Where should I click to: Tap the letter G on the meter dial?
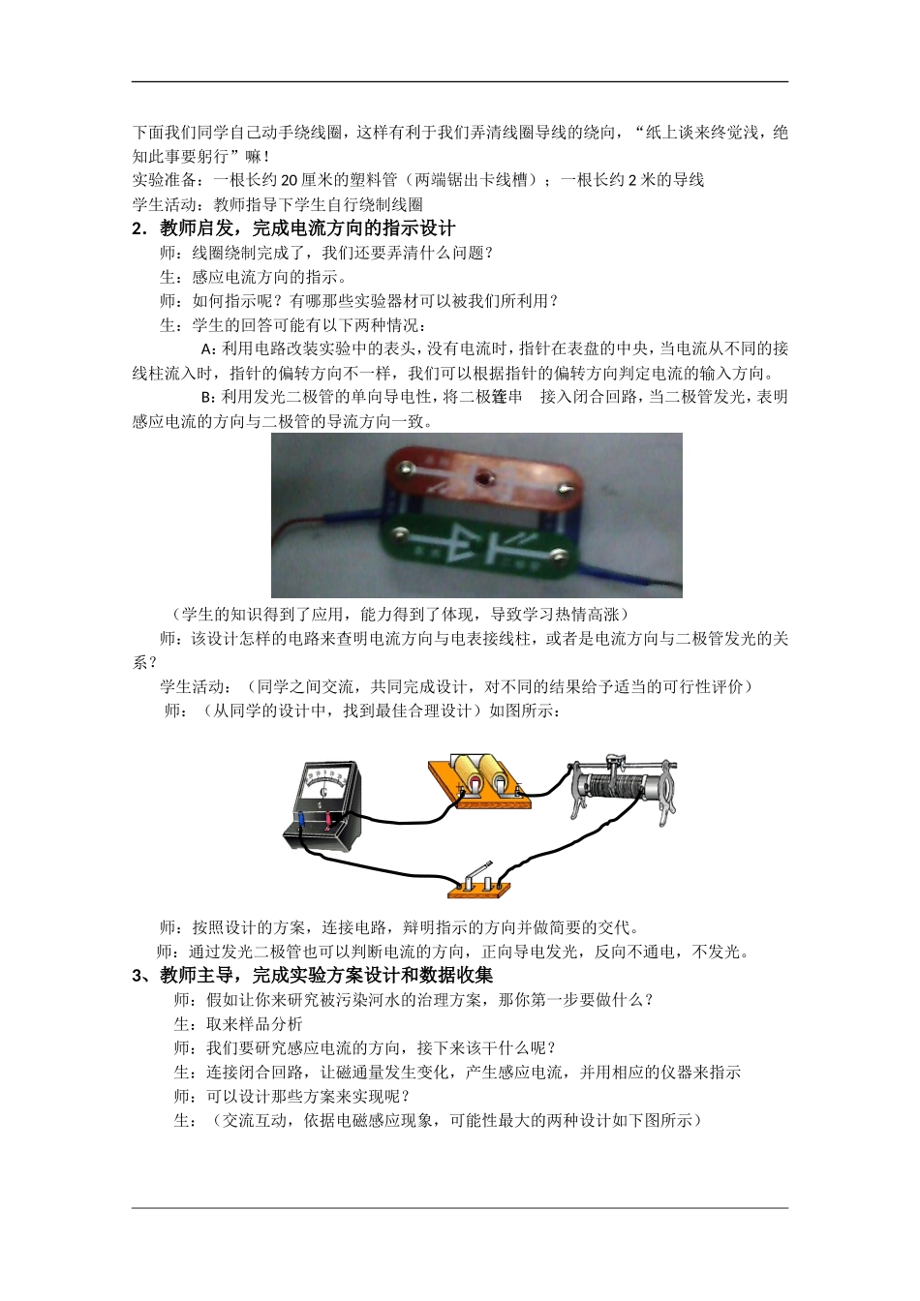pos(323,793)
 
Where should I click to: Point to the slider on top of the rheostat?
pos(612,760)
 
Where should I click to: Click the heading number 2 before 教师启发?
pos(138,228)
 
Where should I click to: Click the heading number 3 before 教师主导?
pos(138,975)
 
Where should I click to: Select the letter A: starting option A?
pos(206,348)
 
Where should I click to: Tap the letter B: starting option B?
pos(206,397)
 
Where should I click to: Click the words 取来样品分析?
pos(254,1023)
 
